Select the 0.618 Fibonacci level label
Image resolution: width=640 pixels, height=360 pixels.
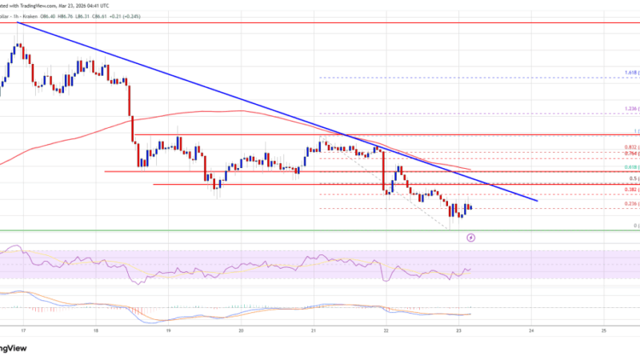tap(630, 167)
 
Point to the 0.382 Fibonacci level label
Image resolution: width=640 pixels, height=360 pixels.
tap(630, 190)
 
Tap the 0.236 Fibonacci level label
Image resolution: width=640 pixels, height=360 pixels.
tap(630, 204)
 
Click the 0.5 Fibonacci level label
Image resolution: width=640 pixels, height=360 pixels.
tap(634, 178)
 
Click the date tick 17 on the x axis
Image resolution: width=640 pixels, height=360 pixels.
tap(22, 330)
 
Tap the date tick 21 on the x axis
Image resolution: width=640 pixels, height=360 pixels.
tap(314, 330)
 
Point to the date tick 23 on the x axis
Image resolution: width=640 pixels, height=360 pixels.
tap(458, 330)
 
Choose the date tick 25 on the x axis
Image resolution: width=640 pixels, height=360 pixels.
tap(604, 330)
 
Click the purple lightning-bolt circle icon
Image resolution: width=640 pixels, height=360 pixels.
tap(471, 238)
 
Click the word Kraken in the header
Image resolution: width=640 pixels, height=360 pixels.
tap(49, 3)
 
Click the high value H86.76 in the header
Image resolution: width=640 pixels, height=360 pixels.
tap(82, 3)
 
